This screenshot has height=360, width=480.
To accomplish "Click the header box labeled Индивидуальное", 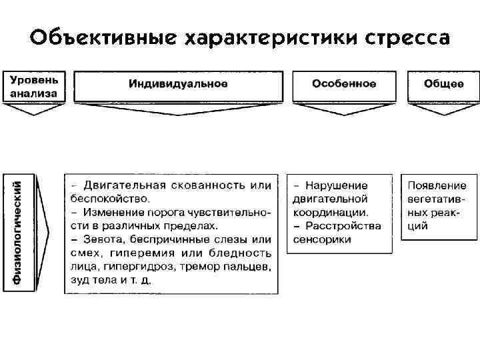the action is coord(178,84).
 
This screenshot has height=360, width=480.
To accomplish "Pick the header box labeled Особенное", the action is coord(344,84).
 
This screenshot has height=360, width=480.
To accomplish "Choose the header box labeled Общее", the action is coord(443,84).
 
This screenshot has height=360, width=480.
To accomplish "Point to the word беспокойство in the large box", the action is coord(109,198).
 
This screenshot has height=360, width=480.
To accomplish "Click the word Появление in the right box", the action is coord(437,185).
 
